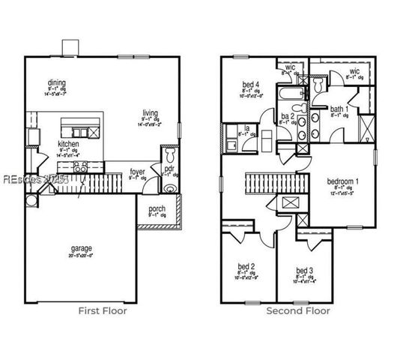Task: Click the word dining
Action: pyautogui.click(x=56, y=83)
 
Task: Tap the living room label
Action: pyautogui.click(x=151, y=112)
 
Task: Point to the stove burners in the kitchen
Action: pyautogui.click(x=81, y=166)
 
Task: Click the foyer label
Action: pyautogui.click(x=137, y=172)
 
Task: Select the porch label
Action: pyautogui.click(x=157, y=209)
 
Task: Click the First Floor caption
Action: pyautogui.click(x=103, y=310)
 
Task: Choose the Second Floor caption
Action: pyautogui.click(x=297, y=310)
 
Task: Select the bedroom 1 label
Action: pyautogui.click(x=342, y=182)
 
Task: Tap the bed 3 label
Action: pyautogui.click(x=303, y=270)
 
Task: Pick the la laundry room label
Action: pyautogui.click(x=246, y=127)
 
